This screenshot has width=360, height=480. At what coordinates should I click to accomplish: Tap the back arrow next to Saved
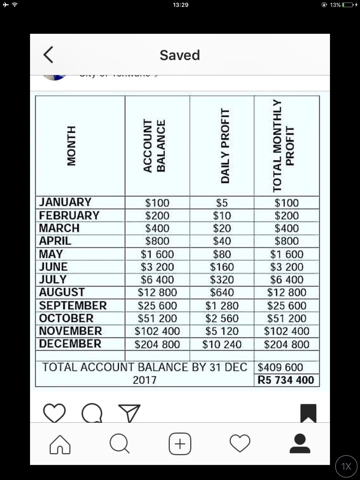(x=48, y=55)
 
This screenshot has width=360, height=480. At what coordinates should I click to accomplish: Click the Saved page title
(x=180, y=55)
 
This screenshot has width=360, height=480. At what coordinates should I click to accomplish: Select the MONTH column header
(x=71, y=145)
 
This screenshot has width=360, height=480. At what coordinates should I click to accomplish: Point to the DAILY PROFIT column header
(x=225, y=145)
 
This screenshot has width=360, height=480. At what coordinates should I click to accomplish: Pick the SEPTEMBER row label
(x=73, y=305)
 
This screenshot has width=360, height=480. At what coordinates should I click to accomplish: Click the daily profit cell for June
(x=222, y=267)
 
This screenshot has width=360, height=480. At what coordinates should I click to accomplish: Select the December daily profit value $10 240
(x=222, y=344)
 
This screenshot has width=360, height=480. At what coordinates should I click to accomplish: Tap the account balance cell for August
(x=157, y=292)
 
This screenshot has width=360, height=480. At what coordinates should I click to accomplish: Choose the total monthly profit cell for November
(x=287, y=331)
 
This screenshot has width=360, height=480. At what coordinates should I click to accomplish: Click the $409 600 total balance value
(x=280, y=367)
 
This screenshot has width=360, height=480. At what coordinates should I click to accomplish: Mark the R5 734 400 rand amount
(x=286, y=380)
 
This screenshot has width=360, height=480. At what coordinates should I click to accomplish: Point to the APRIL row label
(x=55, y=241)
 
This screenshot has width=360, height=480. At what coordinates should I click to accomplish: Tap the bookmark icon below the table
(x=308, y=413)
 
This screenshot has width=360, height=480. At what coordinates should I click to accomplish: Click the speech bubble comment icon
(x=92, y=413)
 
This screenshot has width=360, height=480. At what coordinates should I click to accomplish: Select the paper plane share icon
(x=129, y=413)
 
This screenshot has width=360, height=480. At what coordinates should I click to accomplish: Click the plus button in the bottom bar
(x=180, y=444)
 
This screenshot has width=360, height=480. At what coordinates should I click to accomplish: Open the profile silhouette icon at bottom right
(x=300, y=444)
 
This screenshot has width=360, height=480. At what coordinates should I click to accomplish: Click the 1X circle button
(x=346, y=466)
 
